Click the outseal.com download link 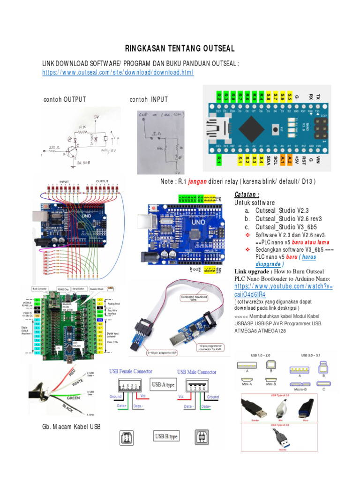click(118, 73)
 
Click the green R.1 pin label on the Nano click(218, 160)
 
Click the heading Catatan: click(247, 195)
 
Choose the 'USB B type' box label click(166, 437)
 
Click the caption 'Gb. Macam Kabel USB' click(71, 426)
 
